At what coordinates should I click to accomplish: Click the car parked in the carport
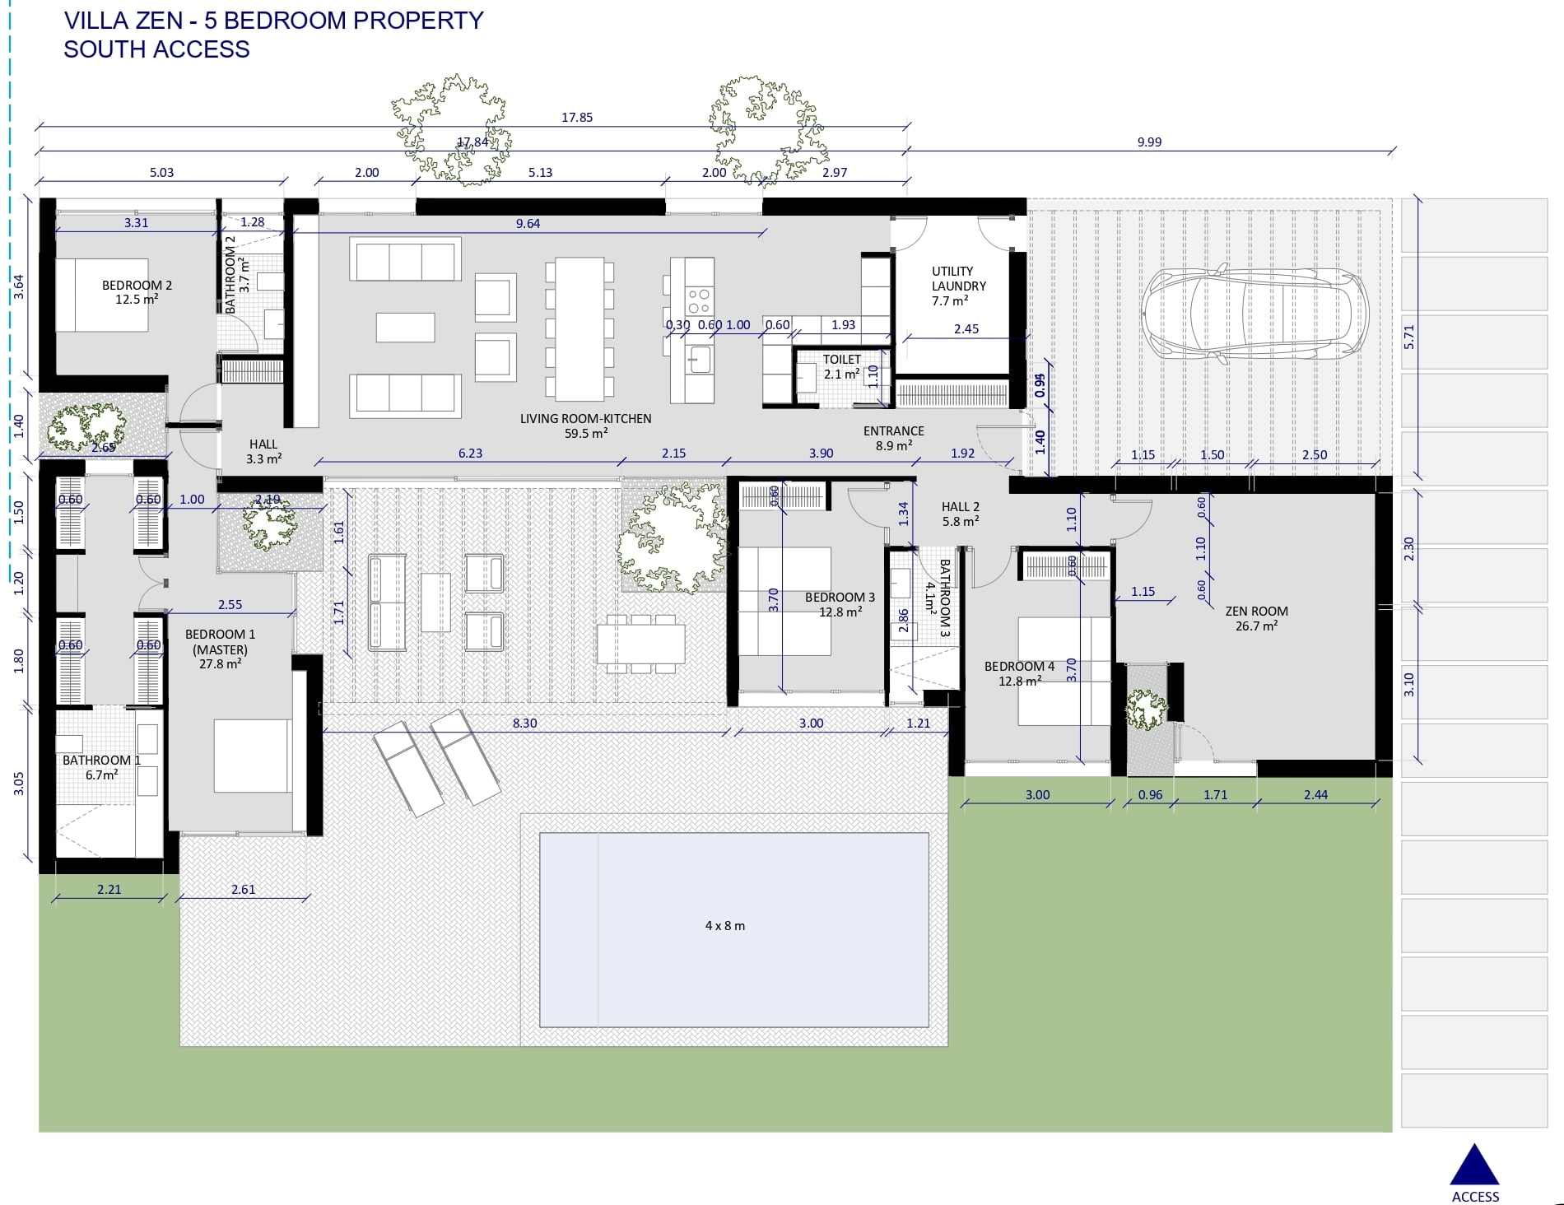click(1253, 314)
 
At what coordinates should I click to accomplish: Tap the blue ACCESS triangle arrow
click(1474, 1165)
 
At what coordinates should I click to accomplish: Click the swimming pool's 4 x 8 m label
click(725, 925)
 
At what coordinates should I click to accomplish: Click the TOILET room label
click(841, 359)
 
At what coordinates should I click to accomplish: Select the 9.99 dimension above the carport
click(1149, 142)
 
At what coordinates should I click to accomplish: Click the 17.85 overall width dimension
click(577, 117)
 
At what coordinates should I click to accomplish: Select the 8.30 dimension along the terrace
click(524, 723)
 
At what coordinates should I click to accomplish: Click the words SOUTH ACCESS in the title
click(156, 49)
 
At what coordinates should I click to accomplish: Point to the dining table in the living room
click(580, 328)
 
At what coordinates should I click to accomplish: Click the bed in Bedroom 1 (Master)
click(253, 756)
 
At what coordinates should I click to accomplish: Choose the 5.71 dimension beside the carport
click(1408, 337)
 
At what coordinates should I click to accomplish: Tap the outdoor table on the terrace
click(641, 644)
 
